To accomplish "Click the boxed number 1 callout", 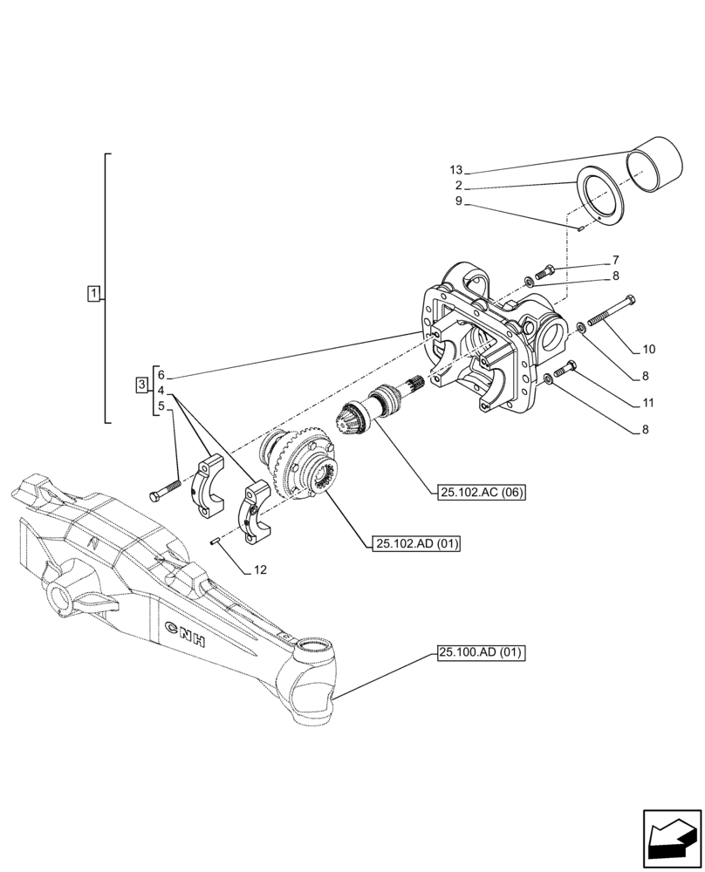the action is point(94,293).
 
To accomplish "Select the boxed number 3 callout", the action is point(142,385).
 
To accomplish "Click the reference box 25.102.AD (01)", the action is point(414,544).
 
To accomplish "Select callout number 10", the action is point(647,350).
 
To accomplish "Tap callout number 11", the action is point(647,404).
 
